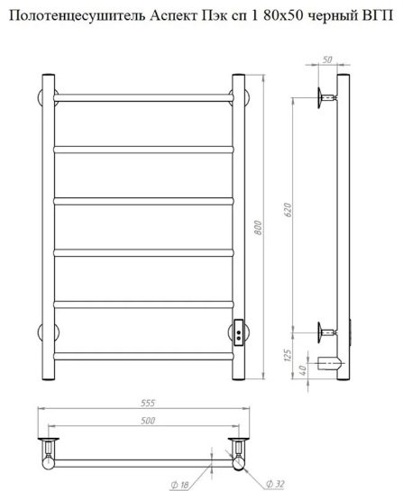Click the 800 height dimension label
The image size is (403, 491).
point(258,228)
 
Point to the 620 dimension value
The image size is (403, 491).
point(288,210)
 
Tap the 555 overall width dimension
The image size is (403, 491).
point(148,403)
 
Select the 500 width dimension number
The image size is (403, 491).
point(148,420)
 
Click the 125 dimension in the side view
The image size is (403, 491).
point(288,355)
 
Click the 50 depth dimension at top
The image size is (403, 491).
point(327,59)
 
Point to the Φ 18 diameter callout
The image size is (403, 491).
point(179,485)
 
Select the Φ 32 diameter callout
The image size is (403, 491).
point(275,484)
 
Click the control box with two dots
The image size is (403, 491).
point(239,332)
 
